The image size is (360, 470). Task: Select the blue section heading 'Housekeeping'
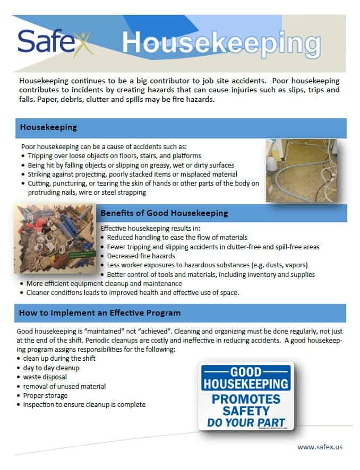(48, 128)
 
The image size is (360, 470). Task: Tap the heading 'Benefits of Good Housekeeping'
(164, 213)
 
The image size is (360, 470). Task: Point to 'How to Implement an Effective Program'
(100, 313)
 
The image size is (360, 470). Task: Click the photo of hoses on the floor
(303, 171)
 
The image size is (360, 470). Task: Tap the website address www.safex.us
(320, 447)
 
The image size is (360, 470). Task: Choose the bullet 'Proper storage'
(45, 396)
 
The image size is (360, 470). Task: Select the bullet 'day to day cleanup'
(51, 368)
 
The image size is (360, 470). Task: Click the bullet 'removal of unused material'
(64, 386)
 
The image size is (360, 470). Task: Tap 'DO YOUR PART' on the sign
(245, 424)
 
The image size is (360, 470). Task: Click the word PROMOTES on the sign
(245, 399)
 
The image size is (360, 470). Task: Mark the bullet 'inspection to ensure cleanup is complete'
(84, 405)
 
